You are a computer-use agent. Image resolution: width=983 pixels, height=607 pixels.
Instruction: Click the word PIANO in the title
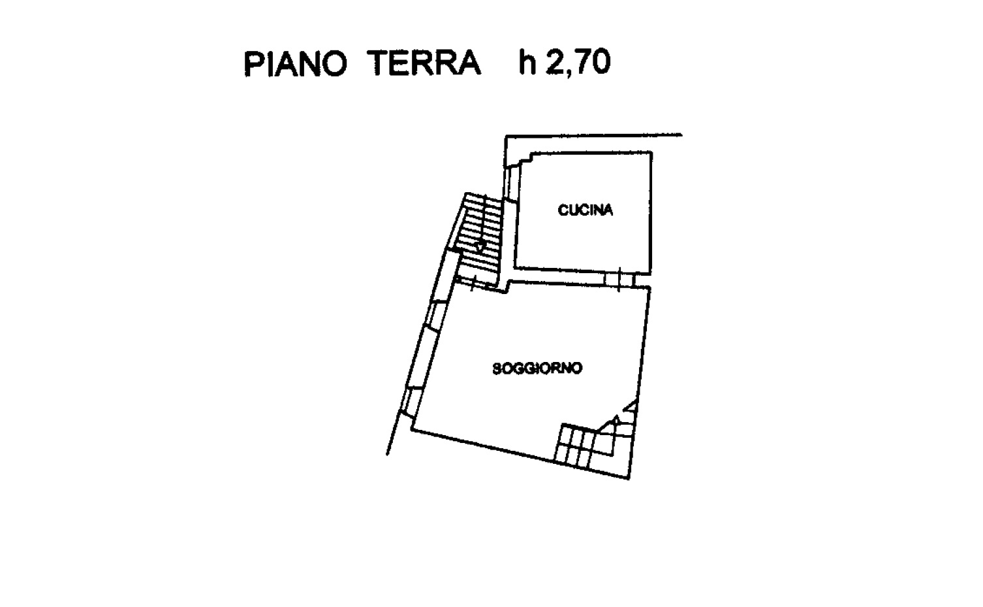[295, 63]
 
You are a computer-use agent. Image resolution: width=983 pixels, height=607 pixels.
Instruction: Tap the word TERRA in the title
[424, 63]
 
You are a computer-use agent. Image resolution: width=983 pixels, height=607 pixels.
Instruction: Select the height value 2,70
[578, 63]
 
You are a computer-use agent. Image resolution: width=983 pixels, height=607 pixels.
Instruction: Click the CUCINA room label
[585, 210]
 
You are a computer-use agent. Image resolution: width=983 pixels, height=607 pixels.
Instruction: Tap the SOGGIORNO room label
[537, 368]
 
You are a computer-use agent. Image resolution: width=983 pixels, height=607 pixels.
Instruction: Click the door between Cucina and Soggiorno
[619, 280]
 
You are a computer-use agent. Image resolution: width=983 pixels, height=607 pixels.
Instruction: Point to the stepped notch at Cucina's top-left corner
[524, 159]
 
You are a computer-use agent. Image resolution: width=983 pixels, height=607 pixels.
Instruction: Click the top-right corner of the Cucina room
[651, 152]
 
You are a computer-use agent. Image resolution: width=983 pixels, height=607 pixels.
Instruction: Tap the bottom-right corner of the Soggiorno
[629, 478]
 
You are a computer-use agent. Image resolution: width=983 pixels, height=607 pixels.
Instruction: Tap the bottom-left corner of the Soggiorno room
[412, 429]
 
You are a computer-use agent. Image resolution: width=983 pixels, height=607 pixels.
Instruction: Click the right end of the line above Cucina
[682, 135]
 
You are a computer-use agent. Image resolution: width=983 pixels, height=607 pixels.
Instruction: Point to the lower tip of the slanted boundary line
[387, 455]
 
